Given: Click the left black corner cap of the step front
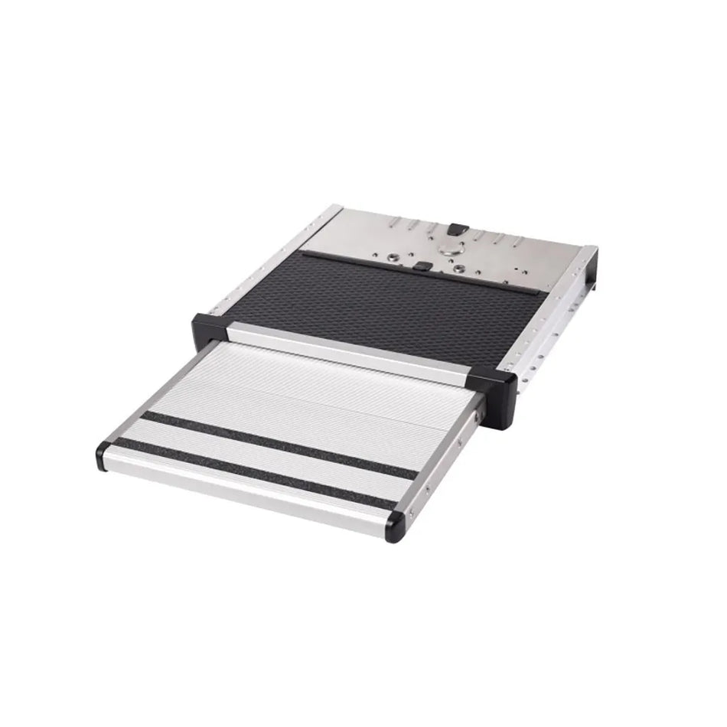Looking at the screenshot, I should pos(103,455).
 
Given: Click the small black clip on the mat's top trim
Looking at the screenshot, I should pos(421,266).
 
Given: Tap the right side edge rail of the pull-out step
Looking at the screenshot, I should pos(444,459).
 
